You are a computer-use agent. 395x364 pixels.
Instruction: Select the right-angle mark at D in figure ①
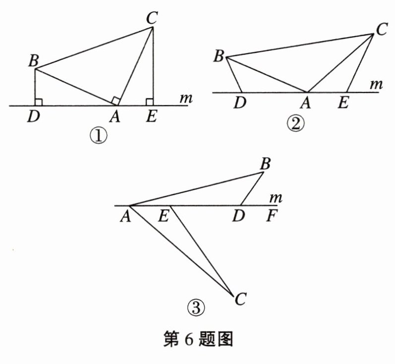click(x=39, y=102)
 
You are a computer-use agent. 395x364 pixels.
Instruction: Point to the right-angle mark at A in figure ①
click(x=115, y=101)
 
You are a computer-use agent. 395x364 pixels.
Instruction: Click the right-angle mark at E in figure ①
click(x=149, y=102)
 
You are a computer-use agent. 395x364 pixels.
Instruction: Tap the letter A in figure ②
click(x=306, y=103)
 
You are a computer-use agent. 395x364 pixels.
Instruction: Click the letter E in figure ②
click(x=342, y=103)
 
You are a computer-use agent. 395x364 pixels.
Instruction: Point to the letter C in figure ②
click(x=381, y=30)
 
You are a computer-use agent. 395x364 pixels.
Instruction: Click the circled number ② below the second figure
click(x=296, y=124)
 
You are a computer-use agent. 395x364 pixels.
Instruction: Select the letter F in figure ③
click(x=270, y=216)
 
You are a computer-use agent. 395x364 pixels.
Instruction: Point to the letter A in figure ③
click(x=124, y=216)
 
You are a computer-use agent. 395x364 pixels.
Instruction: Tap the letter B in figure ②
click(x=218, y=56)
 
